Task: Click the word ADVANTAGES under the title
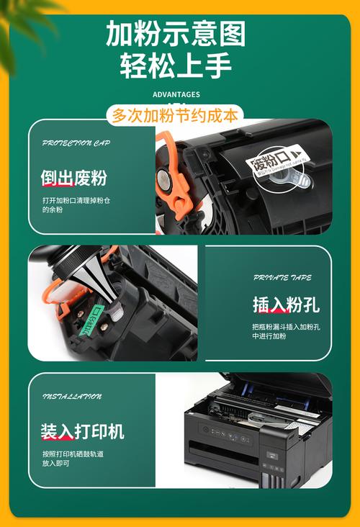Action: click(x=176, y=94)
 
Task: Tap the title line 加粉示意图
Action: click(x=176, y=34)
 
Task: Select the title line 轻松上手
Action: click(x=176, y=66)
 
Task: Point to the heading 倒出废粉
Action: click(x=73, y=178)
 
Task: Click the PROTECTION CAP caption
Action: click(x=76, y=143)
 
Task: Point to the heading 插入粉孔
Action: click(x=285, y=305)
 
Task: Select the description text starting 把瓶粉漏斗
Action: click(x=286, y=331)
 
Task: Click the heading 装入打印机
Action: click(x=82, y=431)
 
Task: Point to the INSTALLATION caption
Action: click(x=72, y=397)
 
